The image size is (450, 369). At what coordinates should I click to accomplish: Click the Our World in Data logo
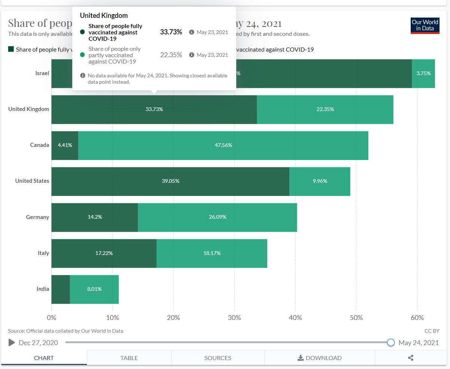[x=425, y=25]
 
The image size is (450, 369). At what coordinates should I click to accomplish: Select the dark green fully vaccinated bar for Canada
[x=65, y=145]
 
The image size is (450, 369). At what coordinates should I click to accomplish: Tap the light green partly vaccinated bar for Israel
[x=423, y=73]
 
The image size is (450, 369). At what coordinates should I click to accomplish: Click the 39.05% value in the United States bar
[x=170, y=181]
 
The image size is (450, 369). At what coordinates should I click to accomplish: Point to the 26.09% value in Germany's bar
[x=218, y=217]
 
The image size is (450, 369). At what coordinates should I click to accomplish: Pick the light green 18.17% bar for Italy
[x=212, y=253]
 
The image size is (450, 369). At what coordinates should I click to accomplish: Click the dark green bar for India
[x=60, y=289]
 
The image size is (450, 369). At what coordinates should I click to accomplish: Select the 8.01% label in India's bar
[x=94, y=289]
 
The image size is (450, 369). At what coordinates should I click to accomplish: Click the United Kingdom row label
[x=29, y=109]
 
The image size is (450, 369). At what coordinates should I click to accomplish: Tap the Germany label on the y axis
[x=37, y=217]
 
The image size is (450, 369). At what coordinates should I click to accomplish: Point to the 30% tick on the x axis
[x=234, y=318]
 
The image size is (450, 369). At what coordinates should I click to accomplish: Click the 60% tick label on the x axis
[x=417, y=318]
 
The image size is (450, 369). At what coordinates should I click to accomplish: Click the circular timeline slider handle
[x=391, y=342]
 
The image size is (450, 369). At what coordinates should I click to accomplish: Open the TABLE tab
[x=129, y=358]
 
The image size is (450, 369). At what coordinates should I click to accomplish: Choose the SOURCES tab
[x=218, y=358]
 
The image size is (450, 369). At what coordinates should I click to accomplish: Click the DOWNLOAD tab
[x=320, y=358]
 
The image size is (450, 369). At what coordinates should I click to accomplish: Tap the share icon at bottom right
[x=411, y=358]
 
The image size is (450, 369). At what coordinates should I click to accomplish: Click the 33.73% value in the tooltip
[x=171, y=32]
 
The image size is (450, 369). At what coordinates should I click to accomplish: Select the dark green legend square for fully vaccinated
[x=11, y=49]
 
